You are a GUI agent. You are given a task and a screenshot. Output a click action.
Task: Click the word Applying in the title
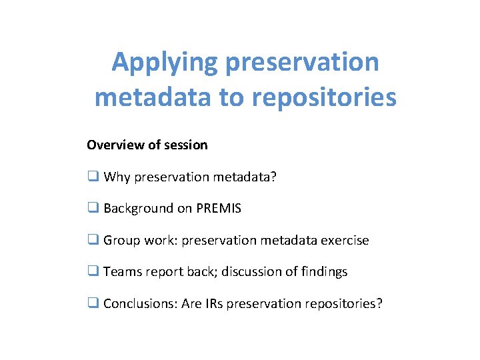pos(165,63)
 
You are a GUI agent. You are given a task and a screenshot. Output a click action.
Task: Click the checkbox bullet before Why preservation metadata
pos(93,177)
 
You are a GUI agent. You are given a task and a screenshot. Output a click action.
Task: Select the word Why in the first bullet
pos(117,177)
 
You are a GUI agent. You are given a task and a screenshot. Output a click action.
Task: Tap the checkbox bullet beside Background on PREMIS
pos(93,208)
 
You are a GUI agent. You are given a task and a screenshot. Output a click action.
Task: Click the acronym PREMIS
pos(219,208)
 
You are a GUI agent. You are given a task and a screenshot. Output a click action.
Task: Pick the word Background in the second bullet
pos(138,208)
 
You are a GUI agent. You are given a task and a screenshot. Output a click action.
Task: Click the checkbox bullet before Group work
pos(93,240)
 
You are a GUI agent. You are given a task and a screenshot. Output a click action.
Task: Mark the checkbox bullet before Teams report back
pos(93,271)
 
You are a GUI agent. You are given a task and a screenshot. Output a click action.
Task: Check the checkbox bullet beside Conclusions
pos(93,303)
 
